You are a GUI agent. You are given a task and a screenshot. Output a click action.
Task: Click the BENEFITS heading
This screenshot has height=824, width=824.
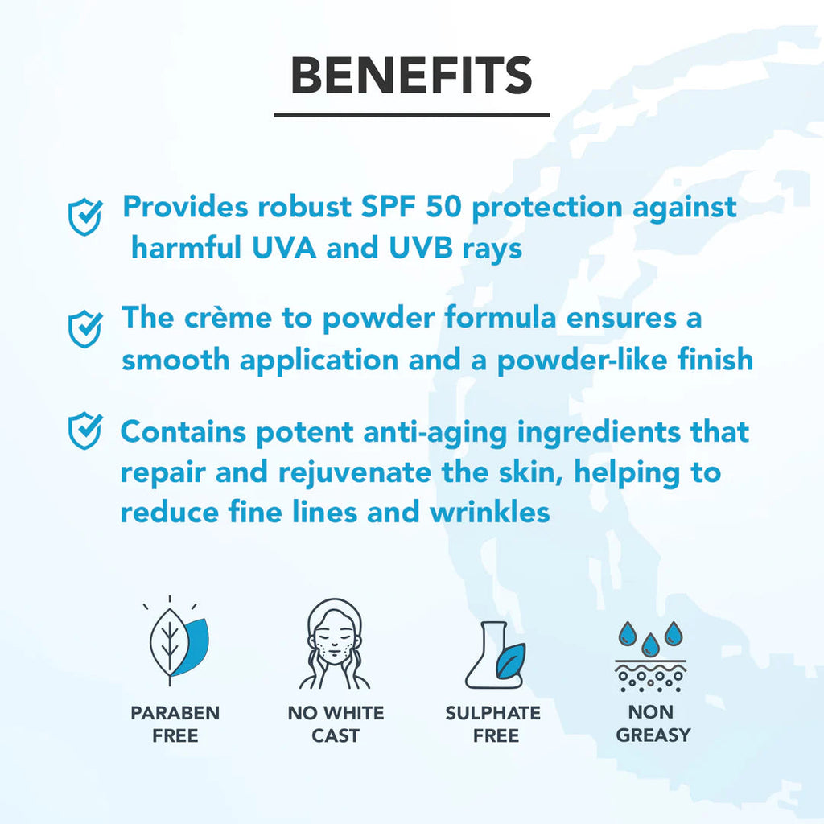(411, 76)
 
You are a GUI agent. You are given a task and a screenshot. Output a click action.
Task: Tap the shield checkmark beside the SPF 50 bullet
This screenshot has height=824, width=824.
(85, 216)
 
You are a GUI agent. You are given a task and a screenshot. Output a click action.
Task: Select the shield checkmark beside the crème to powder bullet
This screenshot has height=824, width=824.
(85, 329)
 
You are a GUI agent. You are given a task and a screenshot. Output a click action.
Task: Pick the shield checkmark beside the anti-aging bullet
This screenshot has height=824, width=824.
(85, 431)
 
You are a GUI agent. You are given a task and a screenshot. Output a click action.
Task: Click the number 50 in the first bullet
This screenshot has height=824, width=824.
(443, 207)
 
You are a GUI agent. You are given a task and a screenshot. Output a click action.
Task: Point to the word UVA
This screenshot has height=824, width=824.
(284, 248)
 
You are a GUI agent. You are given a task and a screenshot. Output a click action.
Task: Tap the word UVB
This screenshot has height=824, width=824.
(421, 248)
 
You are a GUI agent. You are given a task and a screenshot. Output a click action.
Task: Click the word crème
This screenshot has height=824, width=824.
(228, 318)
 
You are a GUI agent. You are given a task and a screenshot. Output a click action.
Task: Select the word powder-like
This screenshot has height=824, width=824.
(583, 361)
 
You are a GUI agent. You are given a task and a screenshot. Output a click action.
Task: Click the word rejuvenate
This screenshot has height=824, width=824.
(355, 473)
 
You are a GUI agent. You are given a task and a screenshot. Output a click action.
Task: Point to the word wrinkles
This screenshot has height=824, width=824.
(490, 513)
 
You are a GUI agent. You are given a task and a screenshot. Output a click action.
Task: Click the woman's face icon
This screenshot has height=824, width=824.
(335, 644)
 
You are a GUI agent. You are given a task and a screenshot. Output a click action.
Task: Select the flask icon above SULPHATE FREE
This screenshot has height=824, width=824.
(495, 655)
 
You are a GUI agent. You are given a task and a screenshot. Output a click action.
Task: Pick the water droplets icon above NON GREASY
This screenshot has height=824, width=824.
(650, 656)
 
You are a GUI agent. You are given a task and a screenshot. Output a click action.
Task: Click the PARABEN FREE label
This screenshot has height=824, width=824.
(175, 724)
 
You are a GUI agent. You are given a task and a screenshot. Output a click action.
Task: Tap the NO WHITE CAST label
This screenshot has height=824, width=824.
(336, 724)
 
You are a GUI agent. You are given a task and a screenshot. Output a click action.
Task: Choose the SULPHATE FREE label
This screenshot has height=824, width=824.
(493, 724)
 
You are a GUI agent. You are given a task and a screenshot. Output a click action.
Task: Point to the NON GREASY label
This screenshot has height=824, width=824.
(653, 723)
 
